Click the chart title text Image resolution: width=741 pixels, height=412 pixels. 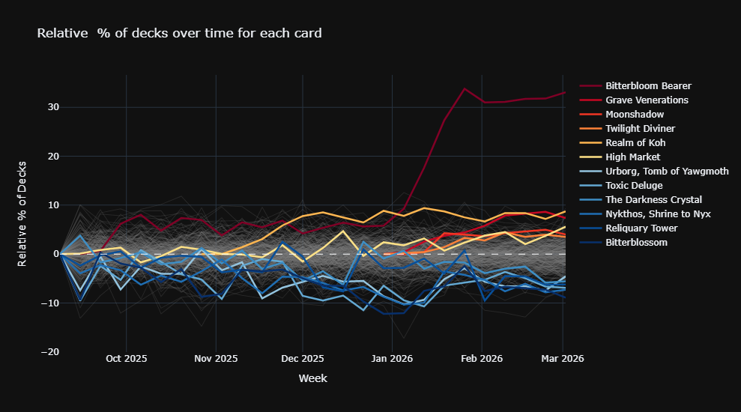pyautogui.click(x=179, y=33)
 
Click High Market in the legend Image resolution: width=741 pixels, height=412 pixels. pyautogui.click(x=632, y=157)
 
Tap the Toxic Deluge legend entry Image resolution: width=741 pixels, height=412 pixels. pyautogui.click(x=634, y=186)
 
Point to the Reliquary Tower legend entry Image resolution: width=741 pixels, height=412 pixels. pyautogui.click(x=641, y=228)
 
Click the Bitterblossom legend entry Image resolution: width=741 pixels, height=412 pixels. pyautogui.click(x=636, y=243)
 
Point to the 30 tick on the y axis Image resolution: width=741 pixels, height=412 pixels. pyautogui.click(x=52, y=107)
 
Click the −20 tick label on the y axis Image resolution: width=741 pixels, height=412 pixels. pyautogui.click(x=49, y=352)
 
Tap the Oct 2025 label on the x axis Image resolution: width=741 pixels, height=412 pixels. pyautogui.click(x=126, y=359)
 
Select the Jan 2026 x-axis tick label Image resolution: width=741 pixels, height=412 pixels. pyautogui.click(x=392, y=359)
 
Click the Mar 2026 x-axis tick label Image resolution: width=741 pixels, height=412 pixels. pyautogui.click(x=563, y=359)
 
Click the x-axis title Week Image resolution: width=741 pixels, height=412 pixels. pyautogui.click(x=312, y=378)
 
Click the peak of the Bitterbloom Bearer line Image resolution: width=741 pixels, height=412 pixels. pyautogui.click(x=465, y=88)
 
